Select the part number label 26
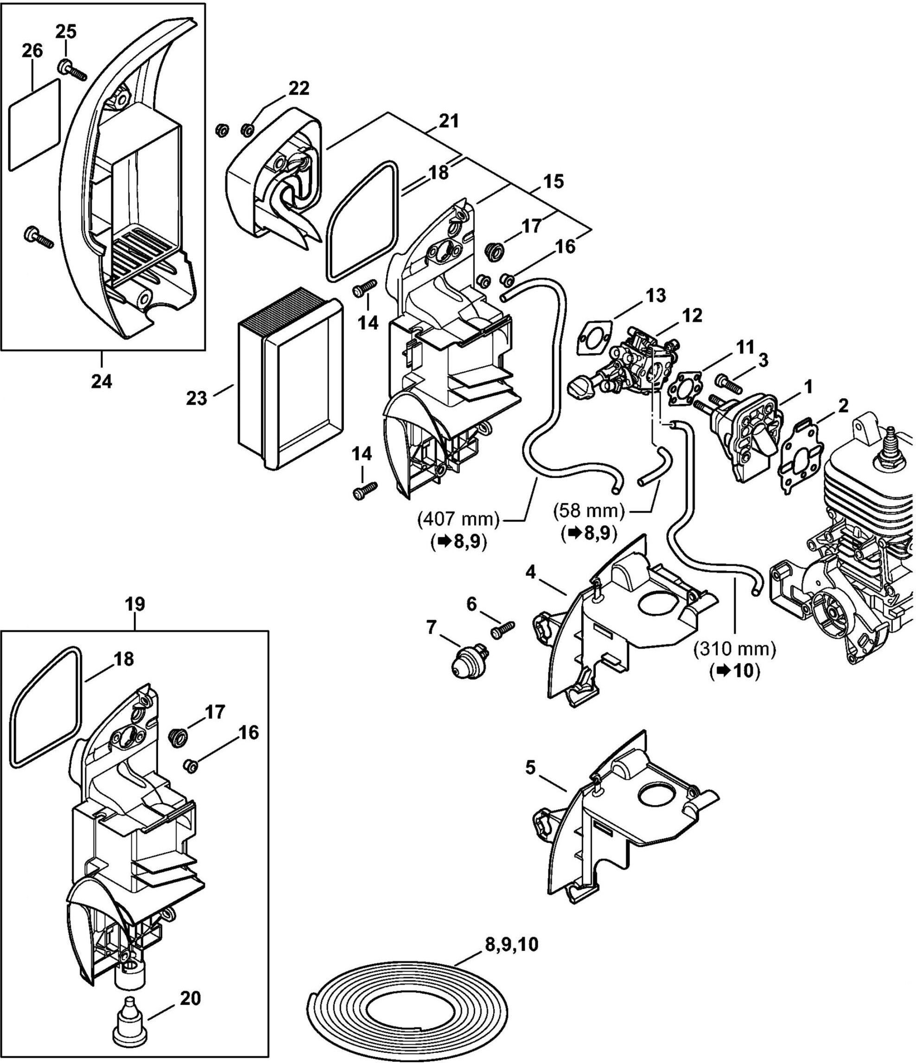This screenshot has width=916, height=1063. click(32, 52)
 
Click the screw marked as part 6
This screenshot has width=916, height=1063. click(503, 629)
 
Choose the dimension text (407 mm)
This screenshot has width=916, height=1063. click(458, 519)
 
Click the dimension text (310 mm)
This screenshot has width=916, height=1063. click(734, 650)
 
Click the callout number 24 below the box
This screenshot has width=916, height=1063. click(101, 381)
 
